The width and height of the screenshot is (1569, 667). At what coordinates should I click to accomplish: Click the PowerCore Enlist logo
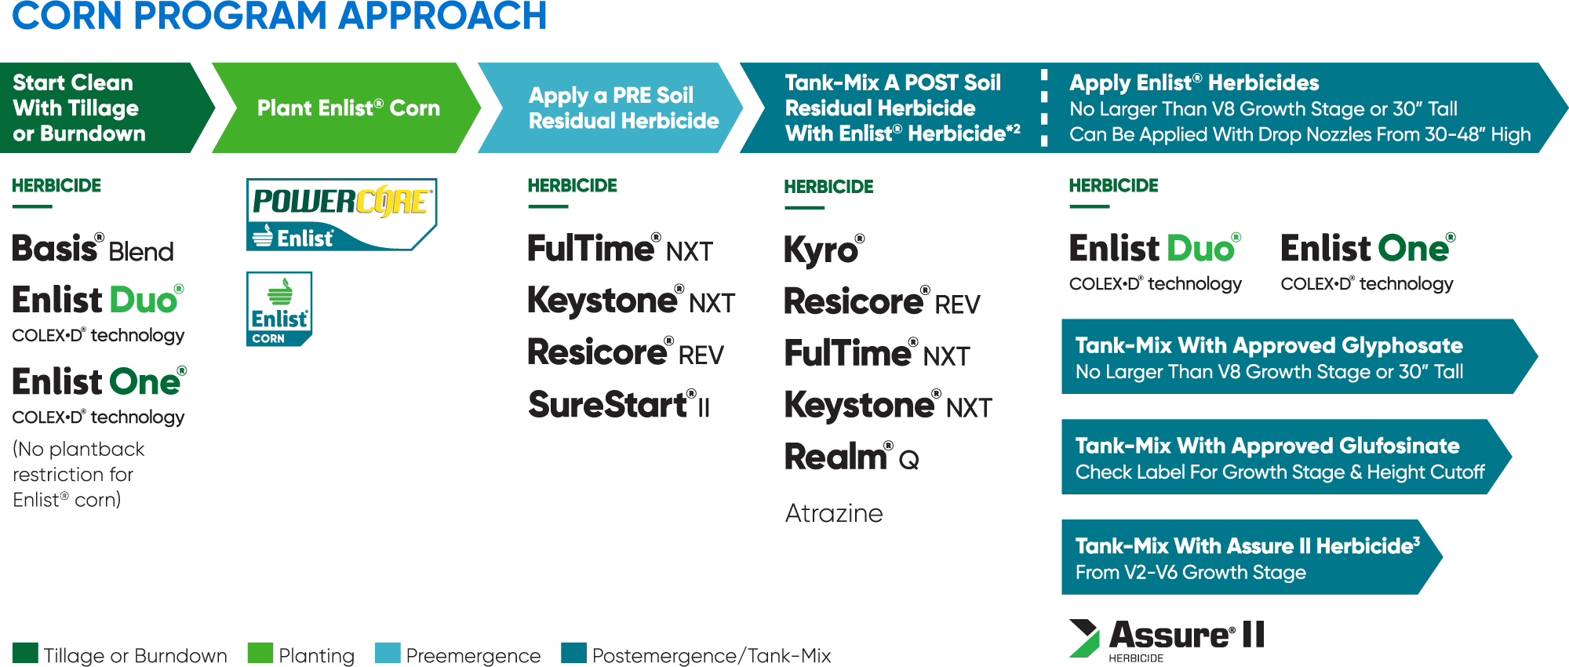pos(341,214)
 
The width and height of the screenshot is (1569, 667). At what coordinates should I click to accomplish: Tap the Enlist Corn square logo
pos(279,309)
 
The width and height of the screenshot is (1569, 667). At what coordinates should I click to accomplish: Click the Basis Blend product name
pos(93,248)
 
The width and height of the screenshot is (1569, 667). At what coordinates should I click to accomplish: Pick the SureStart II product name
pos(619,405)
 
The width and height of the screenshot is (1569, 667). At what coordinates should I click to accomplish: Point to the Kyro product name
pos(825,250)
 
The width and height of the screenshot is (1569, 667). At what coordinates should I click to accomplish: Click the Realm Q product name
pos(852,457)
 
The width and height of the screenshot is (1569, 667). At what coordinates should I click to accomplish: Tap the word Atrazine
pos(834,513)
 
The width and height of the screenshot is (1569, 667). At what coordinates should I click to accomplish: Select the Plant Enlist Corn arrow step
pos(347,108)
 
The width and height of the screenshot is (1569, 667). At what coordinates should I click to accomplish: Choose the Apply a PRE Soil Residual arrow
pos(610,108)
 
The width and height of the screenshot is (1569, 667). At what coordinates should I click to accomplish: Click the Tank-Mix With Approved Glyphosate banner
pos(1299,356)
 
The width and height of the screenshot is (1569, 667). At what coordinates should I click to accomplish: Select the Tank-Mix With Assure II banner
pos(1252,557)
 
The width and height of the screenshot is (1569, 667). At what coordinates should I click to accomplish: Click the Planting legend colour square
pos(260,653)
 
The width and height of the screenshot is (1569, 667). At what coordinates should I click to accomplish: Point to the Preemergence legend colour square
pos(388,653)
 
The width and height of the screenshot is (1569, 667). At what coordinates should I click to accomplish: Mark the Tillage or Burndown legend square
pos(25,653)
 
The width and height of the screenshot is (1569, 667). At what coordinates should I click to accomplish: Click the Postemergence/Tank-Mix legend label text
pos(712,656)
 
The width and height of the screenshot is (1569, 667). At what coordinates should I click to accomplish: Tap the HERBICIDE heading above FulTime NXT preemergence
pos(572,186)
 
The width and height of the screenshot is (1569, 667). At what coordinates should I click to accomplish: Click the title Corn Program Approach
pos(279,16)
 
